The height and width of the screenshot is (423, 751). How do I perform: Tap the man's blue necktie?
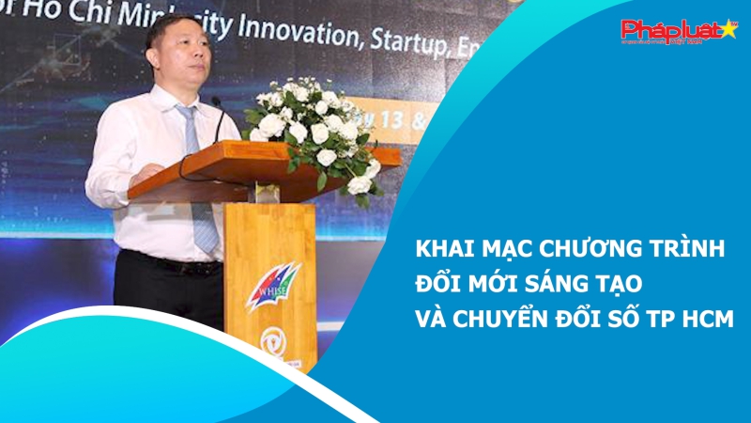(198, 188)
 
